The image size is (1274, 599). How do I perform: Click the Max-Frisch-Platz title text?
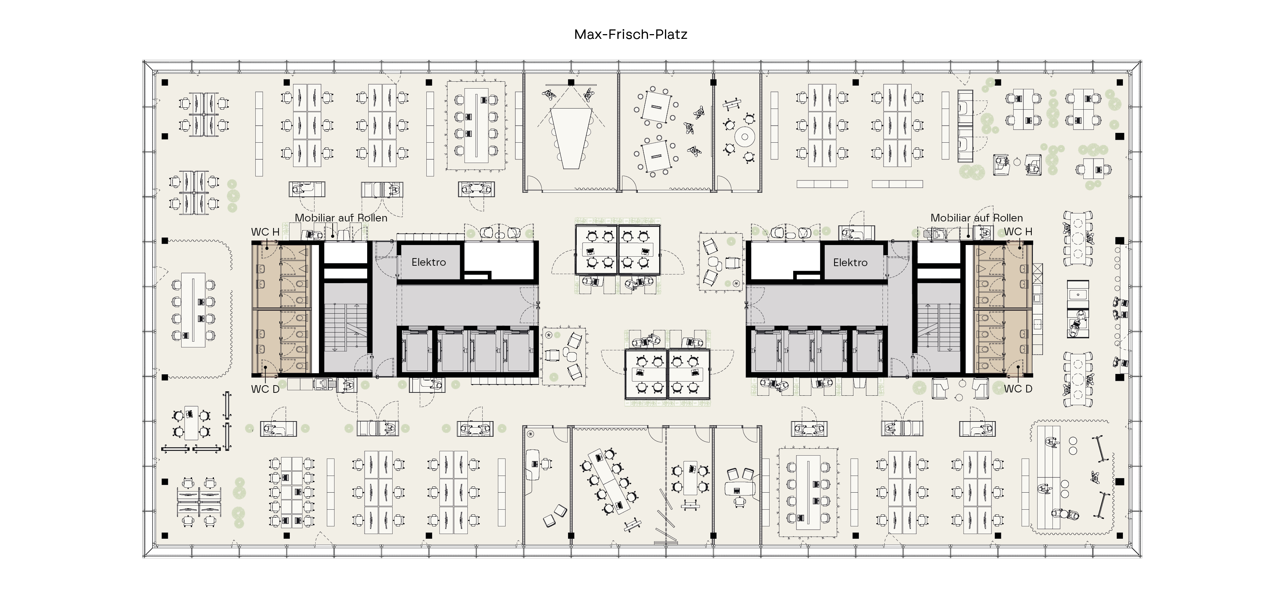pos(630,34)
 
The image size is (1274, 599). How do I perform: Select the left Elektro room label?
pos(429,262)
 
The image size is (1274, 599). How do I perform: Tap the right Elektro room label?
pos(850,262)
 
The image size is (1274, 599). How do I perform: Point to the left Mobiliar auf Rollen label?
pos(341,217)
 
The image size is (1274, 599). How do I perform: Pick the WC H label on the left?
pos(265,232)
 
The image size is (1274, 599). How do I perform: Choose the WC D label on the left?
pos(265,389)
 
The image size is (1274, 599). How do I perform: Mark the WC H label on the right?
pos(1018,231)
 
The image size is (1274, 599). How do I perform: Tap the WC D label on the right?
pos(1018,389)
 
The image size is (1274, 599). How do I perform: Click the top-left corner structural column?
pos(165,82)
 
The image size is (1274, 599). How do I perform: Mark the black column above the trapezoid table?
pos(571,82)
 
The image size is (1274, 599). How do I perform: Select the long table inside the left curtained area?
pos(193,310)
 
